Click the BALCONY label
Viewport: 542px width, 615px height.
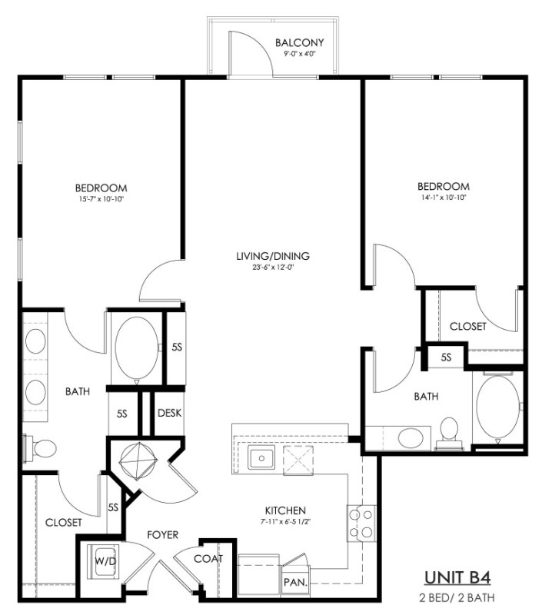[300, 42]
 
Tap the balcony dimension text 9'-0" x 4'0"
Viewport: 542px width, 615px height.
[300, 54]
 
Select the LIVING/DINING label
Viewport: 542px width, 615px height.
[273, 256]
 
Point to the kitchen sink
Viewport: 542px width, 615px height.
[261, 457]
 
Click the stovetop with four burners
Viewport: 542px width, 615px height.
[361, 524]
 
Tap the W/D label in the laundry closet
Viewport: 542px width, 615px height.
[105, 561]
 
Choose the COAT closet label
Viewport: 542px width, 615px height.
[208, 559]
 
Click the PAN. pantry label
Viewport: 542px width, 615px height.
[296, 583]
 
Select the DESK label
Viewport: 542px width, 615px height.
[169, 413]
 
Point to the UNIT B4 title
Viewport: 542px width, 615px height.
[457, 578]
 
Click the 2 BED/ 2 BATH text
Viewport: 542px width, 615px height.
[457, 598]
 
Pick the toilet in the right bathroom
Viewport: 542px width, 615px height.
[449, 434]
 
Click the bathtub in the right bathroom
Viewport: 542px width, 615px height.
[497, 408]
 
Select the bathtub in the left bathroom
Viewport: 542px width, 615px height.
[137, 348]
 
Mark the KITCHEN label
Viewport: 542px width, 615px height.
[285, 510]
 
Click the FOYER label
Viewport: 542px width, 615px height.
[163, 535]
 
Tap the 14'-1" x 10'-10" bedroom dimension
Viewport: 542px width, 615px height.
[444, 198]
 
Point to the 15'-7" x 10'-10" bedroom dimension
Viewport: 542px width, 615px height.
[101, 199]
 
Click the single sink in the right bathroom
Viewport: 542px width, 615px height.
[411, 437]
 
